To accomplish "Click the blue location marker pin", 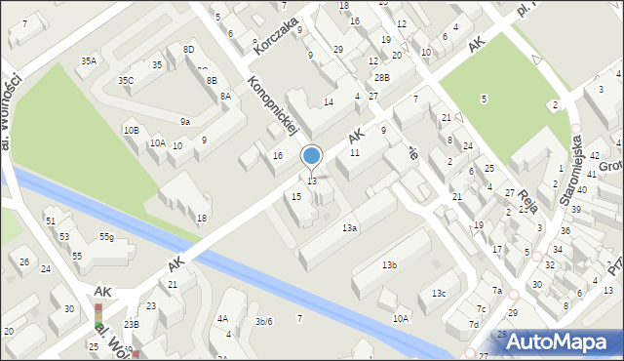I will pos(312,156).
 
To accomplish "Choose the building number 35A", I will pos(89,60).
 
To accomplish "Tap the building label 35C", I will pos(126,80).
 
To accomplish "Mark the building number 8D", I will pos(188,49).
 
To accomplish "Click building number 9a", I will pos(184,121).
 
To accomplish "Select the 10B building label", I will pos(131,130).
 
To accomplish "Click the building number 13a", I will pos(349,227).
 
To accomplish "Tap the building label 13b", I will pos(389,264).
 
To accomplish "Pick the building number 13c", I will pos(440,293).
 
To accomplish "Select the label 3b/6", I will pos(263,321).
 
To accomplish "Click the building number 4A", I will pos(222,318).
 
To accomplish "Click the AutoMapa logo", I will pos(561,341).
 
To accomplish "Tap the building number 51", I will pos(51,221).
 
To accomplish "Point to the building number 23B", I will pos(131,324).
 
